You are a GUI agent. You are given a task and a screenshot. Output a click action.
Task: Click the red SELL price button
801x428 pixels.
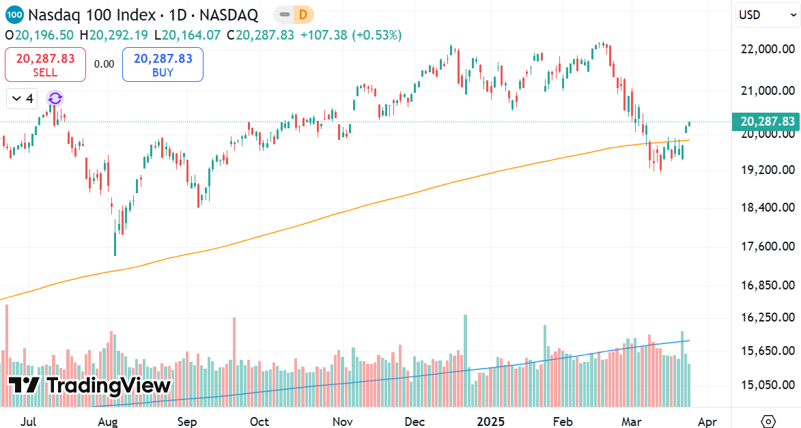[45, 65]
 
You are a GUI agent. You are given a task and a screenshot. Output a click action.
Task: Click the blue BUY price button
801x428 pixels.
[163, 65]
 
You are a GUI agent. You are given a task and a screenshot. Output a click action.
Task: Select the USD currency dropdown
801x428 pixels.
[768, 15]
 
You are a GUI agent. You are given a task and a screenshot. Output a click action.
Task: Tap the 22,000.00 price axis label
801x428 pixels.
[768, 49]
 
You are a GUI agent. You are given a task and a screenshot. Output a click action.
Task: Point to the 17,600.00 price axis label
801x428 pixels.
[768, 246]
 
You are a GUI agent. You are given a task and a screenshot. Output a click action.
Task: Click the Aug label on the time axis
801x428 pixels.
[108, 422]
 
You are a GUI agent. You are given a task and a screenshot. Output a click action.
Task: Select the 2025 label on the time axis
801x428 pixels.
[490, 422]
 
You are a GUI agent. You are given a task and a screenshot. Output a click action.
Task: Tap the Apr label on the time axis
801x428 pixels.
[708, 422]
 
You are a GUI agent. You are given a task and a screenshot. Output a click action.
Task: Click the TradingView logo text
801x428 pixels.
[90, 386]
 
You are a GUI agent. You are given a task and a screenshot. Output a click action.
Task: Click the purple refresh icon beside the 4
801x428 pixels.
[55, 99]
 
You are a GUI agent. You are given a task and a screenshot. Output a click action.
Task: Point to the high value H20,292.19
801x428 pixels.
[114, 34]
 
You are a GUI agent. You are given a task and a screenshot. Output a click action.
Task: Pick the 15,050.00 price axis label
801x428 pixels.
[768, 385]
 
